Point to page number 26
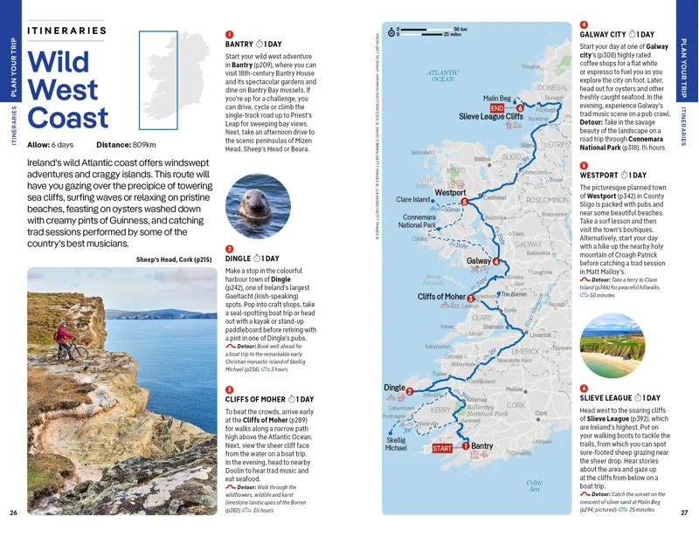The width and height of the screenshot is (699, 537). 13,513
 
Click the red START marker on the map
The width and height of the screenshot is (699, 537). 443,448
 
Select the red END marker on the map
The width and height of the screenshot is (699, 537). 496,108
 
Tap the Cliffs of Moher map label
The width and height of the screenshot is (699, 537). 443,298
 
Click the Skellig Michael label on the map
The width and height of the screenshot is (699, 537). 396,444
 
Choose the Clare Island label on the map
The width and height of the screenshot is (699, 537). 413,200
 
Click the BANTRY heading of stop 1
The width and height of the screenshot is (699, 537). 239,44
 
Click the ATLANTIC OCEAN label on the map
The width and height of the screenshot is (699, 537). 443,75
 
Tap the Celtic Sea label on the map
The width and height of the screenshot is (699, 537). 535,485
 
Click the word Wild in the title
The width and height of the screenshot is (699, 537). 59,64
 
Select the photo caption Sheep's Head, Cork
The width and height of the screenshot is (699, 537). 174,259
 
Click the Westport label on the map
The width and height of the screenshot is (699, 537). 451,191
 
